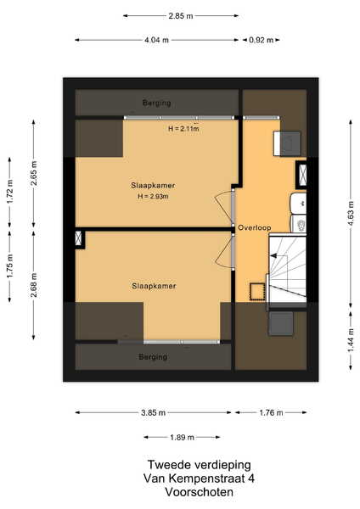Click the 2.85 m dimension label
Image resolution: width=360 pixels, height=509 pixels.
coord(181,15)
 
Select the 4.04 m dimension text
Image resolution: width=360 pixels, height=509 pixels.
coord(156,40)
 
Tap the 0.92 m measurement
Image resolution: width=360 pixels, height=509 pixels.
coord(262,40)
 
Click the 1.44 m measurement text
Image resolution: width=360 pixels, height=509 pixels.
coord(351,340)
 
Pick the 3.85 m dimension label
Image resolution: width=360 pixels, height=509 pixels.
coord(154,413)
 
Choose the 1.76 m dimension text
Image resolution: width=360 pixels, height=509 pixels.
coord(271,413)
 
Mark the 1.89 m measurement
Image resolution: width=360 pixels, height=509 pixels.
coord(182,438)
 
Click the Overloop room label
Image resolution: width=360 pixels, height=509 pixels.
coord(255,227)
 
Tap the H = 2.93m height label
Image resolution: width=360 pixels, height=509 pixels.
coord(153,197)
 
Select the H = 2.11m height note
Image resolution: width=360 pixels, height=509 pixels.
coord(183,129)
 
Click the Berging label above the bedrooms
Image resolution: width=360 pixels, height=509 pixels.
coord(156,103)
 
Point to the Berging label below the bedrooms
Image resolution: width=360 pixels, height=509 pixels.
coord(153,357)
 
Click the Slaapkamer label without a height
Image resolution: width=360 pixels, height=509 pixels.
coord(154,286)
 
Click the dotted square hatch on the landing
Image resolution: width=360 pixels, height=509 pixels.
coord(257,291)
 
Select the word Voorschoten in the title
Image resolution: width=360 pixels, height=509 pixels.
coord(199,492)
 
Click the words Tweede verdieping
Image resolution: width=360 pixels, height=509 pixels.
coord(200,465)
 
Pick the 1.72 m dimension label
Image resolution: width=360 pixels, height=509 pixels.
coord(9,192)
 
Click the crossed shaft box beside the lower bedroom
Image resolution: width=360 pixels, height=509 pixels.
coord(78,238)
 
